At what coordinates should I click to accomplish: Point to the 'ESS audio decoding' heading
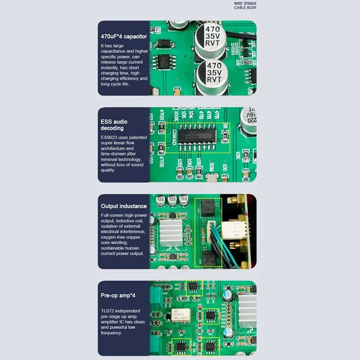(114, 125)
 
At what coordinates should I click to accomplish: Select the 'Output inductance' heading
(124, 206)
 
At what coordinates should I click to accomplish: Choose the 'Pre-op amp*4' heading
(118, 296)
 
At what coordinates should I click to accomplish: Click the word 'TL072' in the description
(108, 311)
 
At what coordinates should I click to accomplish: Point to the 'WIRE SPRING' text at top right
(245, 3)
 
